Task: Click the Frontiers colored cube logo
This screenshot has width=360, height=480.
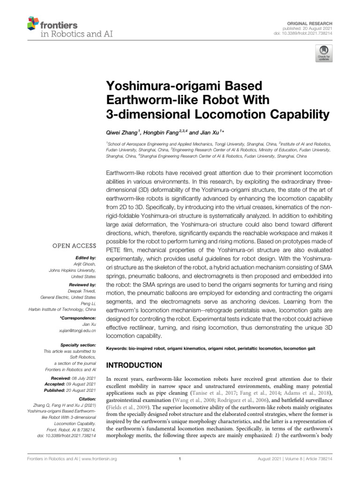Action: tap(32, 23)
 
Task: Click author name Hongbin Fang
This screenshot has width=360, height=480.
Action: tap(157, 133)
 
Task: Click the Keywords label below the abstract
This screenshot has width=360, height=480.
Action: tap(118, 349)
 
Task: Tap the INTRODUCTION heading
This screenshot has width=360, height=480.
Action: tap(135, 365)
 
